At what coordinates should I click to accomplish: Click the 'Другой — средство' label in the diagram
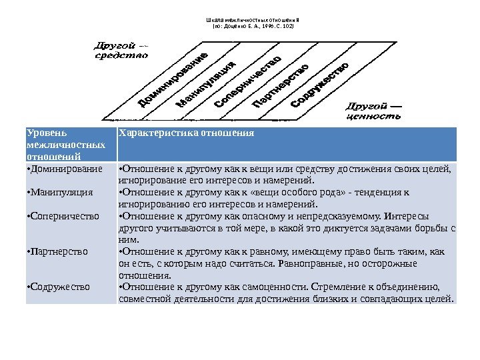(x=120, y=51)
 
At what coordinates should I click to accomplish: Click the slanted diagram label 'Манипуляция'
(x=207, y=85)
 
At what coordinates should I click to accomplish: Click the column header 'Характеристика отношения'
(x=186, y=132)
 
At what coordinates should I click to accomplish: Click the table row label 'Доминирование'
(x=65, y=168)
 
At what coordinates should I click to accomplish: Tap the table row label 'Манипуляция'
(x=61, y=192)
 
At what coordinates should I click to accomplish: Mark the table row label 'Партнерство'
(x=59, y=252)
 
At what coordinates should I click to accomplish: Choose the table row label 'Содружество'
(x=59, y=287)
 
